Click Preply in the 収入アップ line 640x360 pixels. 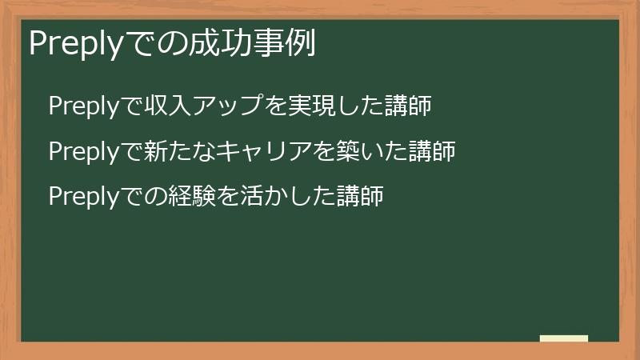click(x=84, y=106)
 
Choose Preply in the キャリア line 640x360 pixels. click(x=84, y=151)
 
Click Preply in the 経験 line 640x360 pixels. click(x=84, y=196)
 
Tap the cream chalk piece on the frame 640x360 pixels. click(x=564, y=339)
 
